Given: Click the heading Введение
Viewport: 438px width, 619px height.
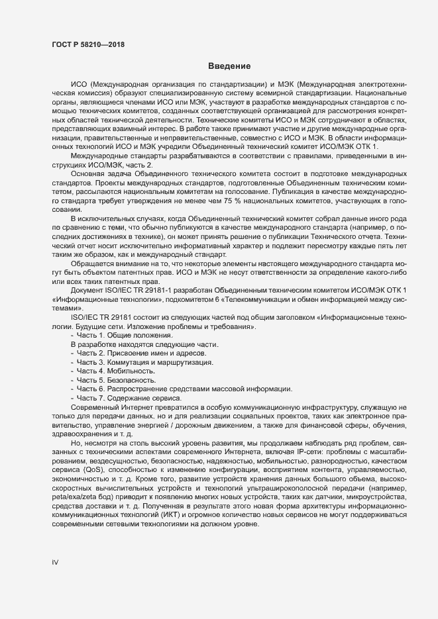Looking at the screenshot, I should pyautogui.click(x=229, y=66).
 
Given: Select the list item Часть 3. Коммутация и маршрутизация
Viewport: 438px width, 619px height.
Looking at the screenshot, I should pyautogui.click(x=144, y=363).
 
